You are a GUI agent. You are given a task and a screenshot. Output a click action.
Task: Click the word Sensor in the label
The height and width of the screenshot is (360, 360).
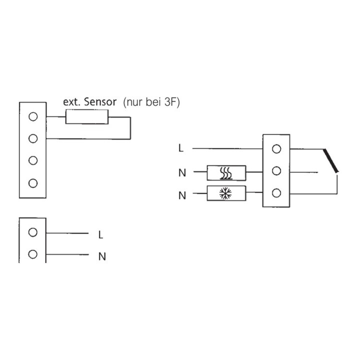pos(100,101)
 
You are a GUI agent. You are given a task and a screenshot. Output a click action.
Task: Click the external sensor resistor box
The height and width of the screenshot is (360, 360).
pos(87,117)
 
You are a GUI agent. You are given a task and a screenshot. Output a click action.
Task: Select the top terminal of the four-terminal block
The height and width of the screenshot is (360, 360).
pos(33,116)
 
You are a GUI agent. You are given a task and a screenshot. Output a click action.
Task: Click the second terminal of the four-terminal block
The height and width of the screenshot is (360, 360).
pos(33,138)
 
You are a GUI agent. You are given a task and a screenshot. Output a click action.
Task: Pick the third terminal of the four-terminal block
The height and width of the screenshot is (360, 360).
pos(33,160)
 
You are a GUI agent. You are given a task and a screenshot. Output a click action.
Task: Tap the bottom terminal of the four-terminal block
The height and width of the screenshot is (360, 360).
pos(33,183)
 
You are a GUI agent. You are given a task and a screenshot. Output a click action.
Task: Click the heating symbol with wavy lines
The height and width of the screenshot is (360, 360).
pos(226,173)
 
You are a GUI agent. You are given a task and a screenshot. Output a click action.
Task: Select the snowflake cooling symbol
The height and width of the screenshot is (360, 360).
pos(225,193)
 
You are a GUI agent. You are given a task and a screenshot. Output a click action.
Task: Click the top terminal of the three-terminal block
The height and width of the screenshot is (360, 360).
pos(276,149)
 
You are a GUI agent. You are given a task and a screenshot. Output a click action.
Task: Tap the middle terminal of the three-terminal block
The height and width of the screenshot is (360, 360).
pos(276,171)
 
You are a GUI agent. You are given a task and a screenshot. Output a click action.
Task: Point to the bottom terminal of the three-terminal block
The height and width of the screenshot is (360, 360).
pos(276,193)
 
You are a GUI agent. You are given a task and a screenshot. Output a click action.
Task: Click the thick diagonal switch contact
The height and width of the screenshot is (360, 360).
pos(330,160)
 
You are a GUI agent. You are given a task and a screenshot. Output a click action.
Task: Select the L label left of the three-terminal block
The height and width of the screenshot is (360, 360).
pos(181,148)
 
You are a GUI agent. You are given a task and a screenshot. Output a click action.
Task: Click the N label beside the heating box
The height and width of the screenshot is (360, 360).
pos(182,172)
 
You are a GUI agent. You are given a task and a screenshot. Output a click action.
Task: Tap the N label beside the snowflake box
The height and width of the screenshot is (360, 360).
pos(182,195)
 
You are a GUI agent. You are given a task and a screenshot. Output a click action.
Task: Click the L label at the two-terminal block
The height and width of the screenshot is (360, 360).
pos(100,234)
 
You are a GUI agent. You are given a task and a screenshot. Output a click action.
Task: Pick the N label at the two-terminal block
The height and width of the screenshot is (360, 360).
pos(102,256)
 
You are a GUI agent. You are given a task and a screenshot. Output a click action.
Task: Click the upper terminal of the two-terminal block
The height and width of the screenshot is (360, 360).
pos(33,232)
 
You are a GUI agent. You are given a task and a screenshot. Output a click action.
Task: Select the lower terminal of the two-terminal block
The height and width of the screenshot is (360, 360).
pos(33,254)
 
